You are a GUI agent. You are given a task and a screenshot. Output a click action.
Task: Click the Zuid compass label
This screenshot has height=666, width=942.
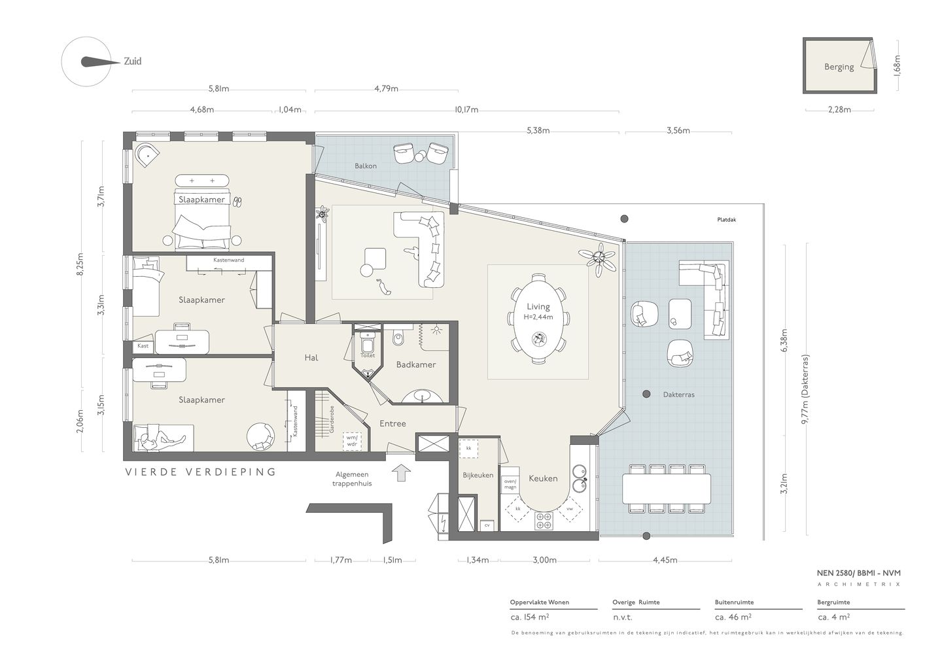coord(132,61)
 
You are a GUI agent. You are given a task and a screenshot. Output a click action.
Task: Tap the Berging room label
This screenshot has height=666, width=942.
coord(839,67)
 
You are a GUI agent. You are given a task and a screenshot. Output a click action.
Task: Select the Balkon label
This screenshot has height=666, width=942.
coord(366,166)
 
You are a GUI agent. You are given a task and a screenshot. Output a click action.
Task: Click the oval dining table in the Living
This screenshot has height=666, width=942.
coord(538,319)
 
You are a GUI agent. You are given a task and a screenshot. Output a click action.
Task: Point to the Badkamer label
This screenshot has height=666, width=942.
coord(416,364)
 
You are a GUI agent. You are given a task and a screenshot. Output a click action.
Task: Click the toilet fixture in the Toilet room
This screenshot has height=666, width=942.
coord(368,342)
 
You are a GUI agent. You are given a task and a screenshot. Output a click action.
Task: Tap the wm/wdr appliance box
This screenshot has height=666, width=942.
coord(351,442)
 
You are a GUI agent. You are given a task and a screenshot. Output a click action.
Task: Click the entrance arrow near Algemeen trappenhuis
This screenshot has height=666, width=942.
coord(401,472)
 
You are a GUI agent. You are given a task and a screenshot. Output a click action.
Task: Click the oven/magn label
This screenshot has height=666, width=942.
coord(510,484)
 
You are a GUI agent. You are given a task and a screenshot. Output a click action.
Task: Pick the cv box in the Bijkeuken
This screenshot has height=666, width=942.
coord(487,525)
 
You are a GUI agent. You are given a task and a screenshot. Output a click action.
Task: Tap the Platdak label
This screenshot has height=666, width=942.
coord(727,219)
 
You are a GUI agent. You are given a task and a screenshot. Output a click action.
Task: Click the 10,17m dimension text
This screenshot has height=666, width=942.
coord(466,110)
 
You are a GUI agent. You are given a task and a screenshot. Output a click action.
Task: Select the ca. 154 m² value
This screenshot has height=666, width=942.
coord(529,617)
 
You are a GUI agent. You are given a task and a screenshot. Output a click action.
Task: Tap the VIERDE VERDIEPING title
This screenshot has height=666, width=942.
coord(201,472)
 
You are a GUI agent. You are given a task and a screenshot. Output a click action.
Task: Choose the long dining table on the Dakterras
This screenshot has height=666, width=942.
coord(666,489)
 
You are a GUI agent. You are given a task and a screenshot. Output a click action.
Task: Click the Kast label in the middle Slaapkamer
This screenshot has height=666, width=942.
coord(143,346)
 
